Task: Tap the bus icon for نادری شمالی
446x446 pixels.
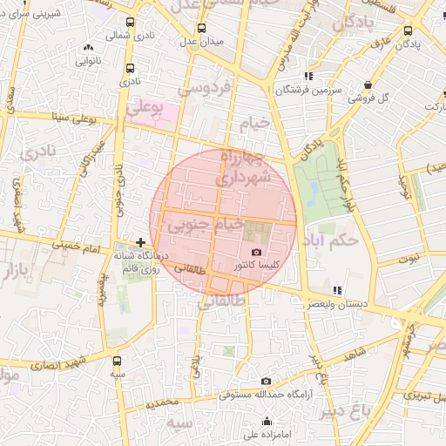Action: click(x=131, y=24)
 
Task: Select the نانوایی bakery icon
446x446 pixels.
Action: click(x=88, y=49)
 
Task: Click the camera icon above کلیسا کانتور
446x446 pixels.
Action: click(x=255, y=252)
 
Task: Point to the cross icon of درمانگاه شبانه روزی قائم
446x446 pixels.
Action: click(x=141, y=242)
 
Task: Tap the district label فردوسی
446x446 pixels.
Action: click(x=203, y=88)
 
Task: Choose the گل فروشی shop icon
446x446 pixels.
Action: click(x=368, y=84)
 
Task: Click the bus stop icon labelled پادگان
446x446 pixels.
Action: click(x=409, y=30)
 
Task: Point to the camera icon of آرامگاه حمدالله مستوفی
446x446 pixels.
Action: click(x=267, y=382)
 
